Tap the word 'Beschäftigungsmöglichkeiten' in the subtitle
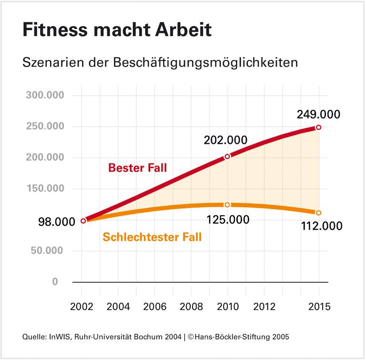(206, 62)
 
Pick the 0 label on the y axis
(55, 282)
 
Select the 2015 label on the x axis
(318, 306)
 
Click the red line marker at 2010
(227, 156)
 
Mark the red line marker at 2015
(318, 127)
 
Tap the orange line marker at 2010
(227, 205)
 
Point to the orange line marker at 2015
(318, 212)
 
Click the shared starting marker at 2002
(83, 220)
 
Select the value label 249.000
(318, 114)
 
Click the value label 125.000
(228, 220)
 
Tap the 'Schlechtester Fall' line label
(152, 237)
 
